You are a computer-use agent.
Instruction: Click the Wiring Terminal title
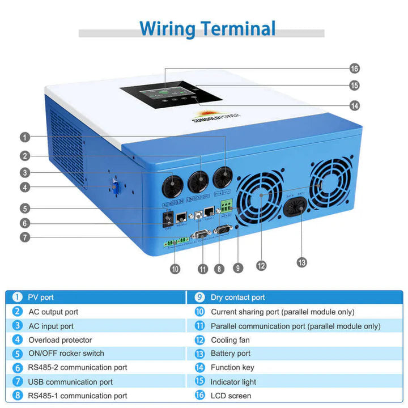click(x=207, y=28)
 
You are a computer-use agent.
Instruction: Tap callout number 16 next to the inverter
click(x=355, y=69)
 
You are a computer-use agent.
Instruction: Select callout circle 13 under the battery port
click(x=301, y=262)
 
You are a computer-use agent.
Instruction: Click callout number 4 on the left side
click(x=24, y=188)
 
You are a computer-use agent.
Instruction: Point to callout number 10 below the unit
click(x=175, y=269)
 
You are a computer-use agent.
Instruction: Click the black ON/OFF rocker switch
click(x=167, y=219)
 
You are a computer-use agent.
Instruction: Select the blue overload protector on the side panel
click(x=113, y=188)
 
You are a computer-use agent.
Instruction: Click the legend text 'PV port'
click(x=41, y=297)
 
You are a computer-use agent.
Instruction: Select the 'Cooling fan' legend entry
click(x=230, y=340)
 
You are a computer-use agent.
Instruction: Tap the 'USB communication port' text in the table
click(x=70, y=382)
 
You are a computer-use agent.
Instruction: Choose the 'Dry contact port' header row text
click(x=237, y=297)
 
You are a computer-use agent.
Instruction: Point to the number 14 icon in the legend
click(x=199, y=368)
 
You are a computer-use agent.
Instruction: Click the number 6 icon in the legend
click(x=18, y=368)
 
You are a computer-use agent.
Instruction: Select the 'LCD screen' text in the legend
click(x=231, y=396)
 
